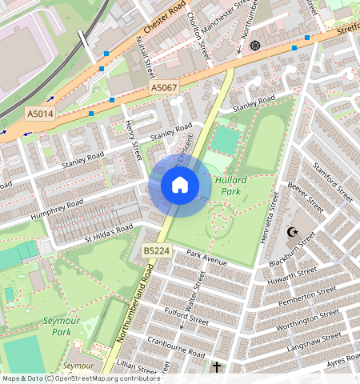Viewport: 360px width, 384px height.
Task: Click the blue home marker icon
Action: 180,186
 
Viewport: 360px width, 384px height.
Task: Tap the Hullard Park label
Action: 230,186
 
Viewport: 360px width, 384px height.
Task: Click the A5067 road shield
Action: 163,88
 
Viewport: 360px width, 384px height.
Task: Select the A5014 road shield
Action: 40,114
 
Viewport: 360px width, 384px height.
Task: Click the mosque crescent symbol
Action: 292,233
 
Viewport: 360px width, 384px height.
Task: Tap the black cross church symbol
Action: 216,367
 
